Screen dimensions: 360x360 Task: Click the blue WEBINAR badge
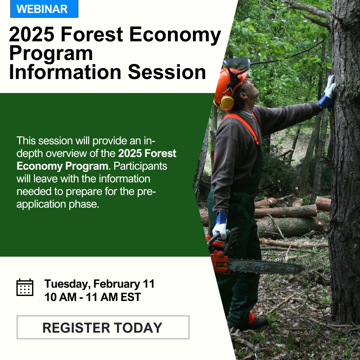[x=44, y=9]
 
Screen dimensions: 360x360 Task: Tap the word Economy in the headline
[x=175, y=34]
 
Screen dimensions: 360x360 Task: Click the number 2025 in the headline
[x=32, y=34]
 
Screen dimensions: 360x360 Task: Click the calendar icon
[x=25, y=287]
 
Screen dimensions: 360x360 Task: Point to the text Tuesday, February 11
[x=99, y=284]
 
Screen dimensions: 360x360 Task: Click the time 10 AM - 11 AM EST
[x=93, y=297]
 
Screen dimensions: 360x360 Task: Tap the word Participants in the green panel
[x=140, y=166]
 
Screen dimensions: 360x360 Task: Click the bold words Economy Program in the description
[x=62, y=166]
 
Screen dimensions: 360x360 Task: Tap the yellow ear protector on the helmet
[x=227, y=103]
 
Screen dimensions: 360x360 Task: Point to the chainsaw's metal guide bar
[x=266, y=266]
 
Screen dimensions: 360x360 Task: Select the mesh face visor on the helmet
[x=237, y=65]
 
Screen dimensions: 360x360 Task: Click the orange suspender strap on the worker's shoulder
[x=243, y=125]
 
